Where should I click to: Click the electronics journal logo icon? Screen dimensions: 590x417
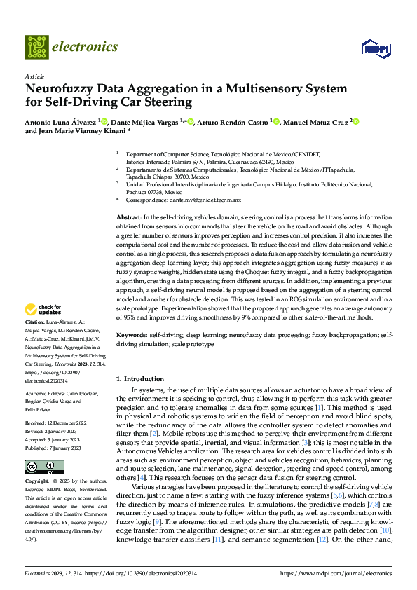coord(37,47)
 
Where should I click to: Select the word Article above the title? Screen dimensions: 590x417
coord(34,76)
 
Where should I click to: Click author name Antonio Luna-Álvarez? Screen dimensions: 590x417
coord(61,121)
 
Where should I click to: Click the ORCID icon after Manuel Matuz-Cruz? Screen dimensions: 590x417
coord(356,121)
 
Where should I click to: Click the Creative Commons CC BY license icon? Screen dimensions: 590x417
coord(41,467)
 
